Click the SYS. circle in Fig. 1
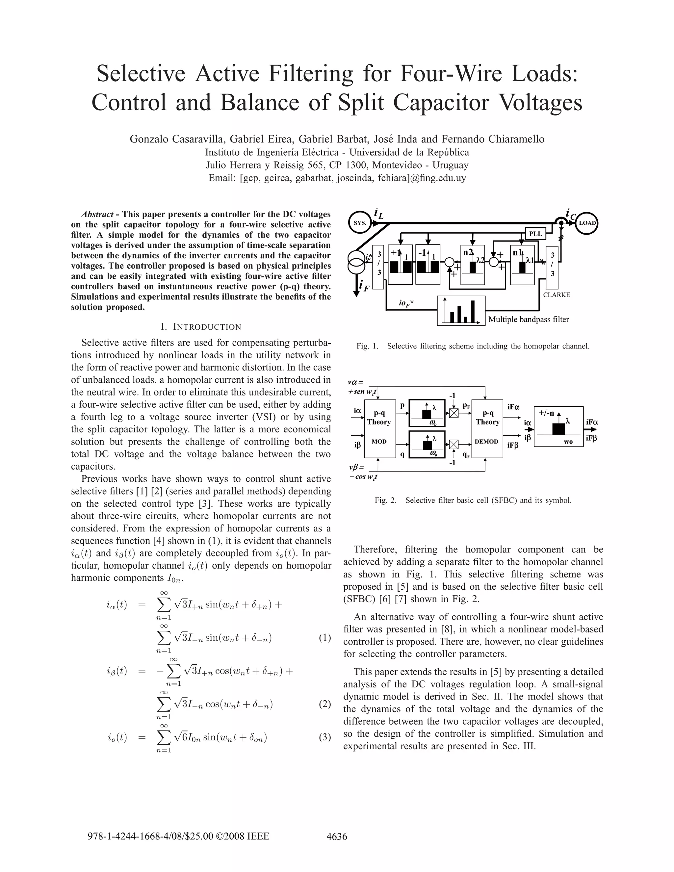pos(360,223)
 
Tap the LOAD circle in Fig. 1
pos(587,223)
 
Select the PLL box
pos(535,234)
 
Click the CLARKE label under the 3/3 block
pos(557,295)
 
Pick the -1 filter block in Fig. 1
pos(428,264)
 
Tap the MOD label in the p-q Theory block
pos(379,442)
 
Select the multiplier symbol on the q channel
pos(454,444)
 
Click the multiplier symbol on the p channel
pos(454,413)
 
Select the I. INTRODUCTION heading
pos(201,327)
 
